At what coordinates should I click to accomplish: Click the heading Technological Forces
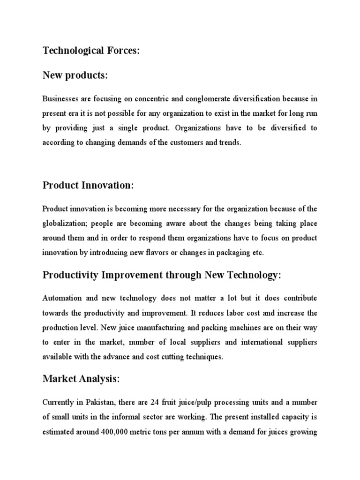pyautogui.click(x=91, y=51)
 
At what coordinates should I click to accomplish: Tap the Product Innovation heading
pyautogui.click(x=88, y=185)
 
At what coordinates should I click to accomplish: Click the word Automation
pyautogui.click(x=62, y=298)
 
